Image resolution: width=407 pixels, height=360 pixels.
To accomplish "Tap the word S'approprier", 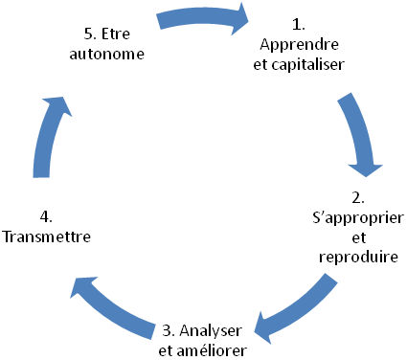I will pyautogui.click(x=357, y=219).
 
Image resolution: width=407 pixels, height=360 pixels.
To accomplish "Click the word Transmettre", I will pyautogui.click(x=48, y=236).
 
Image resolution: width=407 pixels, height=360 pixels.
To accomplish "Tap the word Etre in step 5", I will pyautogui.click(x=119, y=34).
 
